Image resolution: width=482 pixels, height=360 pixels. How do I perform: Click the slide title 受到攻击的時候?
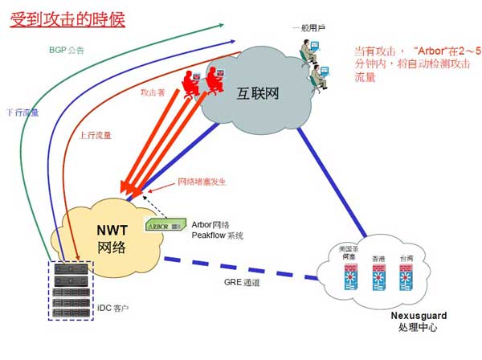coord(67,18)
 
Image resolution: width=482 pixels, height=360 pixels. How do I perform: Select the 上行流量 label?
coord(95,137)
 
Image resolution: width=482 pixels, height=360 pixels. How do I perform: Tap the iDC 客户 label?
coord(116,308)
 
